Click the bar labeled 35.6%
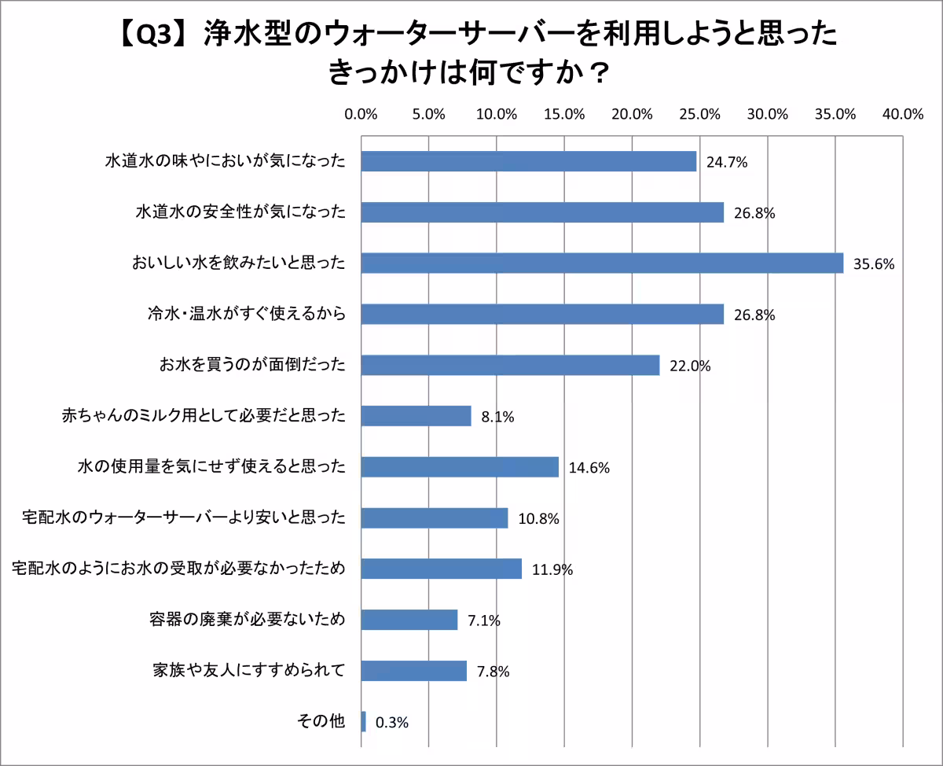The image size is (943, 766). (x=602, y=263)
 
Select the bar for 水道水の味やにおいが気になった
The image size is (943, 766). (x=529, y=161)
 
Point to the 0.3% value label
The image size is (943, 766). (x=392, y=723)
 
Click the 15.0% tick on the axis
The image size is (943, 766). (x=564, y=114)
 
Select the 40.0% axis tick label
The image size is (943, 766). (x=902, y=114)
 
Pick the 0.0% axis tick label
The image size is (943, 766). (x=361, y=114)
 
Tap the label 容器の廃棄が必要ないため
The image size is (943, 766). (x=248, y=620)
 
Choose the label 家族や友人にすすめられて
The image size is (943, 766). (x=249, y=671)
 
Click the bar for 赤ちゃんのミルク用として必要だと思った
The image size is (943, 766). (x=416, y=415)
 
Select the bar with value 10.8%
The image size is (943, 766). (x=435, y=517)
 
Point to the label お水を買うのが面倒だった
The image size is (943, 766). (x=253, y=365)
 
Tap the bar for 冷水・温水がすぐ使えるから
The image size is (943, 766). (x=542, y=314)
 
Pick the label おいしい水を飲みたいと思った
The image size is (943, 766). (x=239, y=263)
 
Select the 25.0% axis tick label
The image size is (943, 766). (x=699, y=114)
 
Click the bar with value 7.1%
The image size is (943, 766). (x=409, y=620)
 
